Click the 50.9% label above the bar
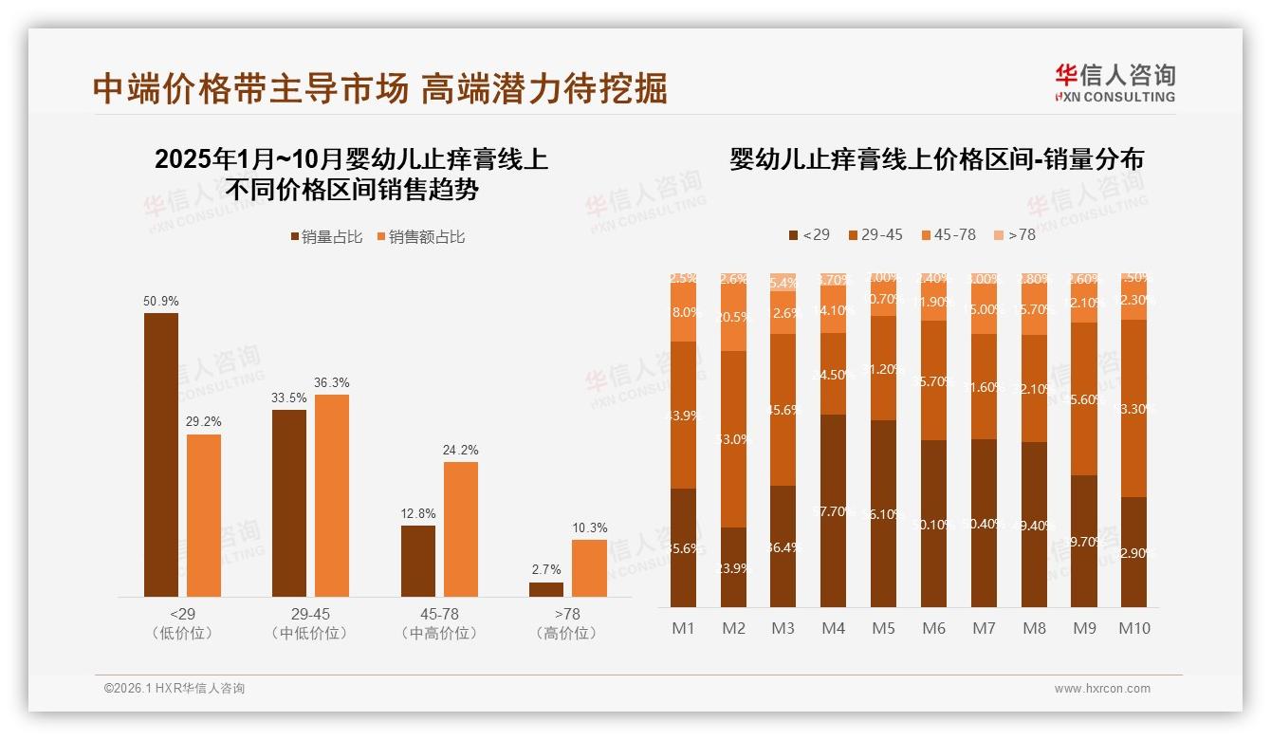pos(160,301)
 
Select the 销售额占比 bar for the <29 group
pos(203,515)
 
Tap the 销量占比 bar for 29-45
pos(289,503)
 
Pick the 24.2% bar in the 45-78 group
pos(460,528)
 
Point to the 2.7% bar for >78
pos(545,589)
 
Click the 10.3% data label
pos(588,527)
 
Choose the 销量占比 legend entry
pos(325,237)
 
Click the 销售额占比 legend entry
pos(420,237)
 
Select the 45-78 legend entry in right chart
pos(949,234)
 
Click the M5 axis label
pos(883,628)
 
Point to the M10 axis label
pos(1133,628)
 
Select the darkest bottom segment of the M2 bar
pos(733,567)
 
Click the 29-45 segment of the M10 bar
pos(1133,408)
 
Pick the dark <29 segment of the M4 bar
pos(833,510)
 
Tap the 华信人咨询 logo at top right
pos(1114,83)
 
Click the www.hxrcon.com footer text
pos(1101,689)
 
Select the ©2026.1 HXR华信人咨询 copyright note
pos(174,689)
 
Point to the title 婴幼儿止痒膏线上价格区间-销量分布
pos(936,159)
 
